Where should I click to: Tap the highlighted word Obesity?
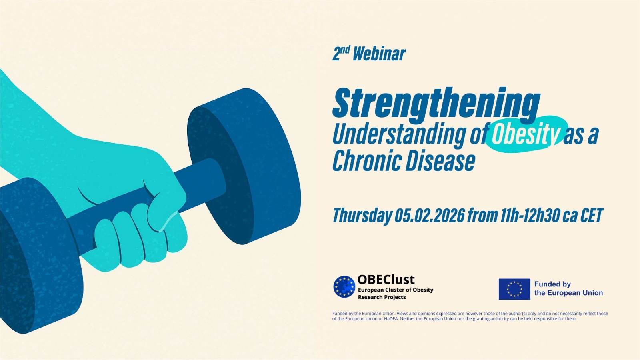(x=525, y=134)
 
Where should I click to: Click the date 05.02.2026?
(x=430, y=216)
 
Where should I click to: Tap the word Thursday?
(x=362, y=216)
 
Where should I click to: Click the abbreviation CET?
(x=591, y=216)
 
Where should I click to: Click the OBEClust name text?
(x=386, y=279)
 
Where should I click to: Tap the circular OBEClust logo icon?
(x=344, y=287)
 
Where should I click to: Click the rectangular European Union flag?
(x=514, y=289)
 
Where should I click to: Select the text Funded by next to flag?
(x=552, y=284)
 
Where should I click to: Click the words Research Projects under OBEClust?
(x=382, y=297)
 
